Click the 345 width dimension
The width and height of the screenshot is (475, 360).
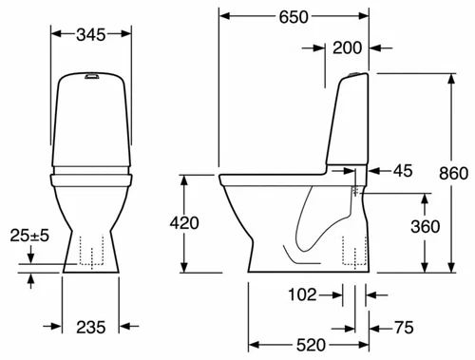[91, 35]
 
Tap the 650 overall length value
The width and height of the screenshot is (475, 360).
[294, 17]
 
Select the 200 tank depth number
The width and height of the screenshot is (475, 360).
[347, 48]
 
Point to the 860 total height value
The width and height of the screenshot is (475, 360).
[453, 174]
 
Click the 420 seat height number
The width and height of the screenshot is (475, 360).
[184, 223]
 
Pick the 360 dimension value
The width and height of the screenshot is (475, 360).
[426, 227]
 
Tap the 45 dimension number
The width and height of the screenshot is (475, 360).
[403, 171]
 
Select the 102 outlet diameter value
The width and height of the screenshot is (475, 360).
[302, 294]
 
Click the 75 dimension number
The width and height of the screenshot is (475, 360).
[404, 328]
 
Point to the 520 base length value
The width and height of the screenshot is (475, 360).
[311, 345]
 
